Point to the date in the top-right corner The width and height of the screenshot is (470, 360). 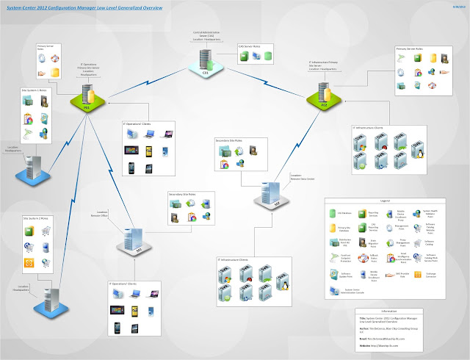coord(455,7)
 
